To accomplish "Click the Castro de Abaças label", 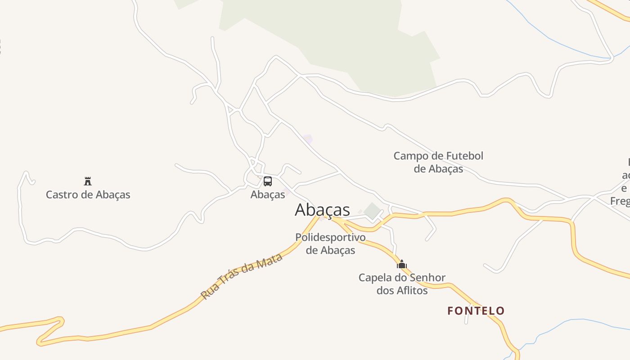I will (x=88, y=195).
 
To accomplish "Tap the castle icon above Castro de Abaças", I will (x=88, y=181).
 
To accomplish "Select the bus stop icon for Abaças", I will (x=268, y=181).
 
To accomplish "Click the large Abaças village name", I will (x=322, y=210).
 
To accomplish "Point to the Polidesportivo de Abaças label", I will (x=330, y=243).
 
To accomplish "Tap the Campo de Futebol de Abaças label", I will (x=438, y=162).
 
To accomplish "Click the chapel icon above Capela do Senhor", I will (x=402, y=264).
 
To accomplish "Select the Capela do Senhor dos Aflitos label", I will (x=402, y=284).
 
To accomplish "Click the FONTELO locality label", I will (x=476, y=310).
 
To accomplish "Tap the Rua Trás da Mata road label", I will (x=242, y=276).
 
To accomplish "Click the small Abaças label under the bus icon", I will (x=268, y=194).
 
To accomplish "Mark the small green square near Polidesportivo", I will (x=372, y=211).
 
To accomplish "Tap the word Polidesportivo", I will (x=330, y=237).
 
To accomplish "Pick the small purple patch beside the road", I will (x=308, y=139).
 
